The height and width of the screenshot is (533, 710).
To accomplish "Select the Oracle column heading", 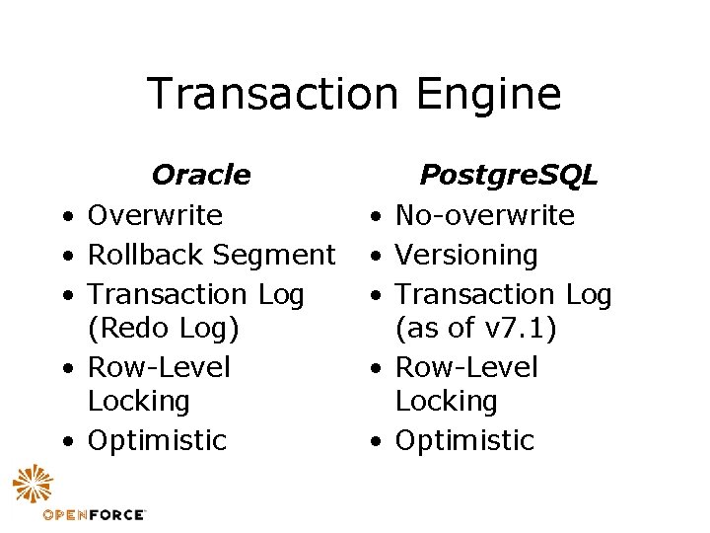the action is click(200, 176).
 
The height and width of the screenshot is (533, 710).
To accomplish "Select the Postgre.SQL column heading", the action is click(508, 176).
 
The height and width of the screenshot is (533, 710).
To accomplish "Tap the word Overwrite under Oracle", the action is click(155, 215).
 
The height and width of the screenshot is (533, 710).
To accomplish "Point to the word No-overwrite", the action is click(484, 215).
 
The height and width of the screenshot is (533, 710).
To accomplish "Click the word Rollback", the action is click(144, 255).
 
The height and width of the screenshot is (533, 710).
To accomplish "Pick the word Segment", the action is click(274, 255).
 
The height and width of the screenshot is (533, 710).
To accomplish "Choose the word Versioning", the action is click(466, 255).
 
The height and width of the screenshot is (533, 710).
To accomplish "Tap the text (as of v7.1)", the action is click(476, 328).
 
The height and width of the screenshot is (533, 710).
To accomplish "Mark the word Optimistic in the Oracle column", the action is click(157, 440).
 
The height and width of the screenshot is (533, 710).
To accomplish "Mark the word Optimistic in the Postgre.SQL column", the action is click(464, 440).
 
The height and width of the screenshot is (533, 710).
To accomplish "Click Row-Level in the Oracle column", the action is click(159, 367).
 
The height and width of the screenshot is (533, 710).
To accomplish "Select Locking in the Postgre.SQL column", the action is click(446, 401).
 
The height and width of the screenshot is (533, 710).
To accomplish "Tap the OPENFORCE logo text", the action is click(94, 514).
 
